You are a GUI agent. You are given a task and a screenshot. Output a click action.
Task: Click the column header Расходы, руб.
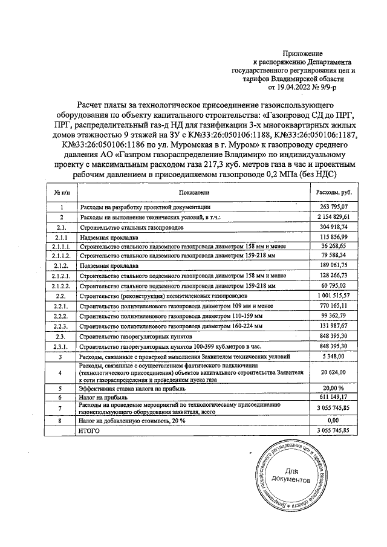pyautogui.click(x=330, y=192)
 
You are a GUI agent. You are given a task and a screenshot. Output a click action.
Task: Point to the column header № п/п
pyautogui.click(x=60, y=192)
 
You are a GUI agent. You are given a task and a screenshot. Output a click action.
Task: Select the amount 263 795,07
pyautogui.click(x=330, y=207)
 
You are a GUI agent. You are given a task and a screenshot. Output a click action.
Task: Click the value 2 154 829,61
pyautogui.click(x=330, y=216)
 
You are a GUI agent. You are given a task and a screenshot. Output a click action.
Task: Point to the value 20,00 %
pyautogui.click(x=330, y=387)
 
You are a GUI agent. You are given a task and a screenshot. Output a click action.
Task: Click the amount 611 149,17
pyautogui.click(x=330, y=397)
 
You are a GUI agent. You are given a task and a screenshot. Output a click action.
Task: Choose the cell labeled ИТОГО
pyautogui.click(x=90, y=429)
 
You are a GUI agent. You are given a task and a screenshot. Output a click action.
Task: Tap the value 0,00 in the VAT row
pyautogui.click(x=330, y=419)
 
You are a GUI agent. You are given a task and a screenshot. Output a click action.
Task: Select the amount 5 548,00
pyautogui.click(x=330, y=357)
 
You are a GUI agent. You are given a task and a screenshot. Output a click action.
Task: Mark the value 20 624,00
pyautogui.click(x=330, y=372)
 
